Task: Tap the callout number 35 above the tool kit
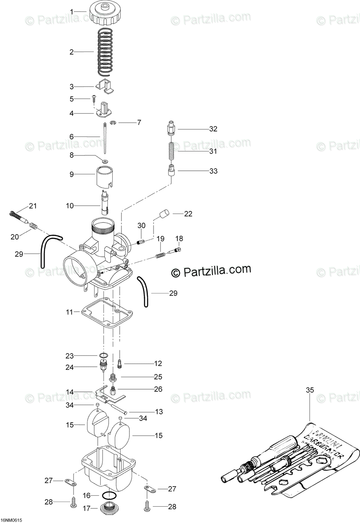pyautogui.click(x=310, y=390)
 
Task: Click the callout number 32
pyautogui.click(x=213, y=129)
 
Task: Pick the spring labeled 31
pyautogui.click(x=171, y=151)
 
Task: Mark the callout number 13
pyautogui.click(x=159, y=412)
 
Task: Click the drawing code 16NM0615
pyautogui.click(x=11, y=519)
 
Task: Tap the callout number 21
pyautogui.click(x=33, y=206)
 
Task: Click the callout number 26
pyautogui.click(x=158, y=389)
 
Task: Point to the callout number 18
pyautogui.click(x=179, y=238)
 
